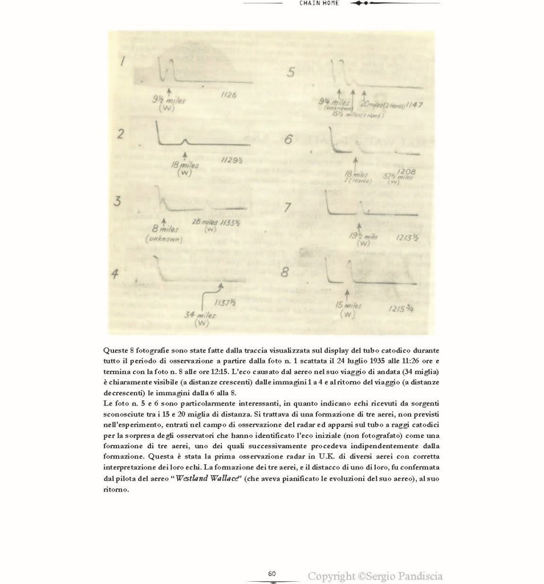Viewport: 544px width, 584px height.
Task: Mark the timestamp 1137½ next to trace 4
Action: point(224,302)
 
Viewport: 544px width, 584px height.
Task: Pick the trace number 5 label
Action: point(292,72)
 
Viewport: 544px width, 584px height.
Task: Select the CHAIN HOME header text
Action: point(319,3)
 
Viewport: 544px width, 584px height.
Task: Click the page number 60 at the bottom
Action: point(272,573)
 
